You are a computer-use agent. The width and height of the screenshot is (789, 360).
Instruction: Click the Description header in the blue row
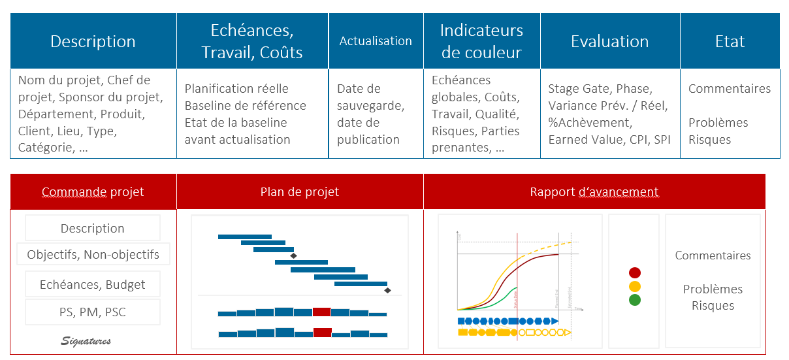[93, 41]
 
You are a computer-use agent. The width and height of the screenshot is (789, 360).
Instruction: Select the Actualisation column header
[376, 41]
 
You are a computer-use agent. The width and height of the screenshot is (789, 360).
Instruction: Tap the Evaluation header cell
[609, 41]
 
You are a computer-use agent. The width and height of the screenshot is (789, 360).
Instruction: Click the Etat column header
[730, 41]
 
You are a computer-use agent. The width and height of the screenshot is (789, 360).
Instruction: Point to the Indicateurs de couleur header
[481, 41]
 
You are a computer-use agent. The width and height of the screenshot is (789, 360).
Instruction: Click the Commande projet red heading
[93, 192]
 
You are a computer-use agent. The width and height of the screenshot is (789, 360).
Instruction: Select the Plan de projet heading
[300, 192]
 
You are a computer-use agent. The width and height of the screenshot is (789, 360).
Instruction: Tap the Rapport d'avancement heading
[594, 192]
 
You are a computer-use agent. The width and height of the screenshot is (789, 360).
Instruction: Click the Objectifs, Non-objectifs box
[93, 255]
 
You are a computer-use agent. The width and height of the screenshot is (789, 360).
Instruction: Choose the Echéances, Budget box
[93, 285]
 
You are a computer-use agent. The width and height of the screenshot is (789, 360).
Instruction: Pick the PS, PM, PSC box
[93, 312]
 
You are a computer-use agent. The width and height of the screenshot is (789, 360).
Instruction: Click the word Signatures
[86, 341]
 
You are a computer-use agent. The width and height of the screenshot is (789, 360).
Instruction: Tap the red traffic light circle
[634, 272]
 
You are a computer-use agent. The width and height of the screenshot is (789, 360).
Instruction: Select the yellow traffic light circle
[634, 286]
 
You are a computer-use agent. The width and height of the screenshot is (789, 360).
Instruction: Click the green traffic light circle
[634, 300]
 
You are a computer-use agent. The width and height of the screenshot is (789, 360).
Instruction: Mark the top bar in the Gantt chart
[244, 237]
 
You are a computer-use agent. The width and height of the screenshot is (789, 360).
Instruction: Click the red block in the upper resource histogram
[321, 312]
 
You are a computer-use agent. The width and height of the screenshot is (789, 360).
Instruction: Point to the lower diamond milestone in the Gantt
[387, 290]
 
